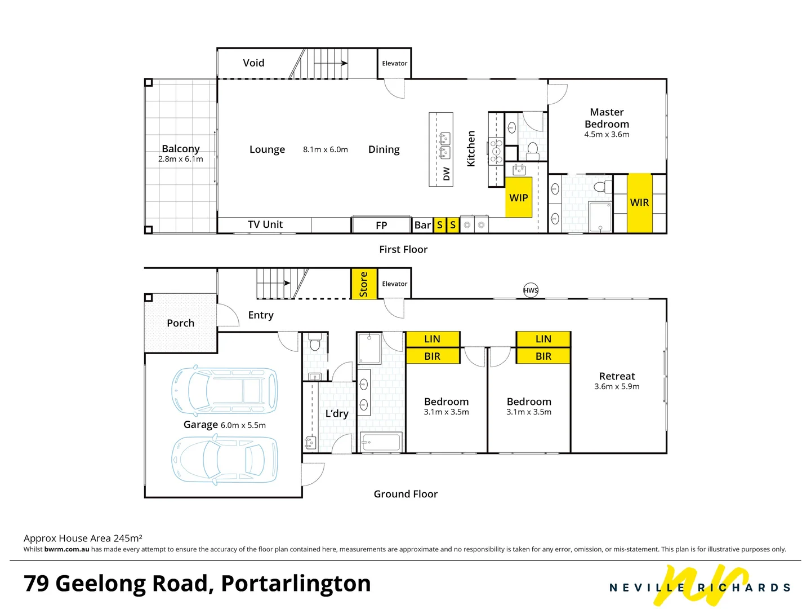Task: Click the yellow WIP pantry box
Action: (x=519, y=197)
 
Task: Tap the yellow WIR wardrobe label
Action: (x=639, y=202)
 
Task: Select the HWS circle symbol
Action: (x=531, y=290)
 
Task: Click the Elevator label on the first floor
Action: (x=394, y=63)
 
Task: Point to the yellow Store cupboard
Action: (x=364, y=284)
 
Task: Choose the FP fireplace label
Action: (x=381, y=225)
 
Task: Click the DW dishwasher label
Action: (x=447, y=174)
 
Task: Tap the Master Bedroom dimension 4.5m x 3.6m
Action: (x=607, y=135)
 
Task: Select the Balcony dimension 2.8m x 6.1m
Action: (x=180, y=159)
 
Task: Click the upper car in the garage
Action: (x=224, y=390)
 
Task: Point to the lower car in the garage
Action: (x=224, y=460)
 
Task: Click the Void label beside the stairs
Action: (x=253, y=63)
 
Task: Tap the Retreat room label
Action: (x=617, y=376)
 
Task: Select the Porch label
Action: (x=180, y=323)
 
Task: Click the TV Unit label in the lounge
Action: (x=265, y=224)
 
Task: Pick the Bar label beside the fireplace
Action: (x=422, y=225)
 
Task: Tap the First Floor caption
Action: (x=403, y=249)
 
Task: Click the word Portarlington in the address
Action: (x=296, y=583)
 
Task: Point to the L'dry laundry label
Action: (x=337, y=413)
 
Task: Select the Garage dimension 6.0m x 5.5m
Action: (x=243, y=425)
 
